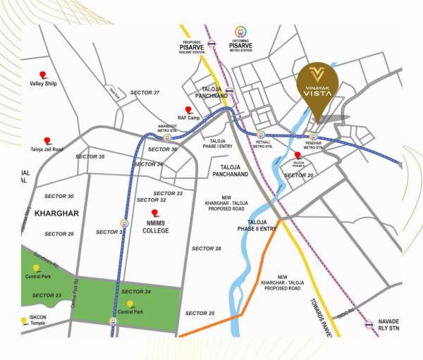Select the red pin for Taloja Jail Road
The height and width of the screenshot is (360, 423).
pyautogui.click(x=47, y=141)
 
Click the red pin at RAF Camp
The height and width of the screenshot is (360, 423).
pyautogui.click(x=188, y=110)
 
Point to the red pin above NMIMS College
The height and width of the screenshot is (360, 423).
pyautogui.click(x=155, y=213)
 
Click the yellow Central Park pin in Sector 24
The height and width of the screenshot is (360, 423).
pyautogui.click(x=129, y=304)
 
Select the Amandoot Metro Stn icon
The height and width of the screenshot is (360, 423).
pyautogui.click(x=167, y=138)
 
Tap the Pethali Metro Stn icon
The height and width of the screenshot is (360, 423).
pyautogui.click(x=261, y=135)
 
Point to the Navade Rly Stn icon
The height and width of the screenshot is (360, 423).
pyautogui.click(x=369, y=325)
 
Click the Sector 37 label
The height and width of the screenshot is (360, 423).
pyautogui.click(x=145, y=93)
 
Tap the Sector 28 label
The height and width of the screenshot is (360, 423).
pyautogui.click(x=206, y=249)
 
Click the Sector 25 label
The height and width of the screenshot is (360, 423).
pyautogui.click(x=200, y=313)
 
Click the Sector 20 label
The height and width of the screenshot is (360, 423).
pyautogui.click(x=298, y=175)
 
